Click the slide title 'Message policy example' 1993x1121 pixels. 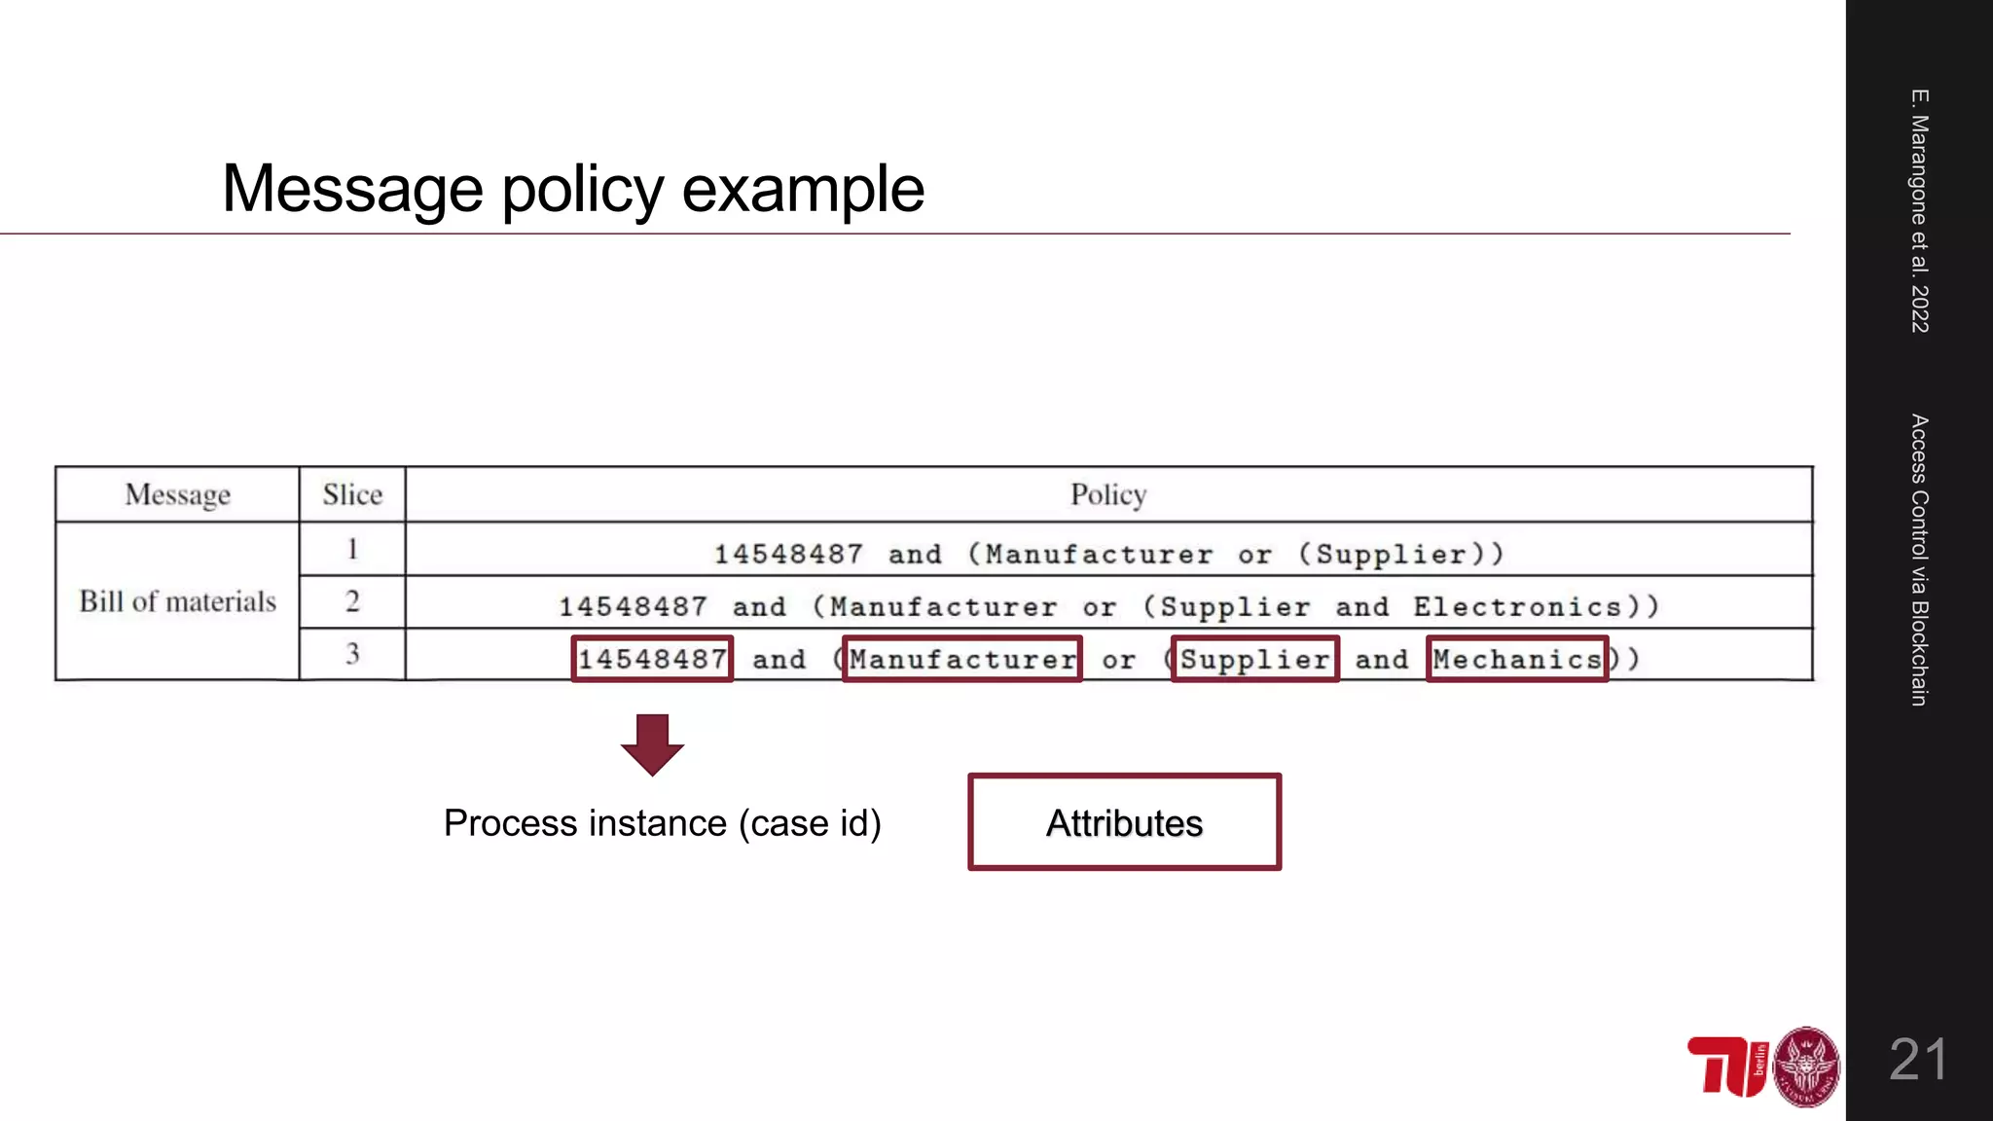tap(573, 189)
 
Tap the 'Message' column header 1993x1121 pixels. tap(177, 494)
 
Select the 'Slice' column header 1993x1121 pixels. tap(352, 494)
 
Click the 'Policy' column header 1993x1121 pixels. tap(1108, 494)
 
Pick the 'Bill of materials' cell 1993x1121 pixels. tap(177, 601)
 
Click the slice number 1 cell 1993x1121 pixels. tap(352, 549)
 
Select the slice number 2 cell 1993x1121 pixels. tap(352, 601)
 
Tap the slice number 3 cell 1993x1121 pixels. tap(352, 654)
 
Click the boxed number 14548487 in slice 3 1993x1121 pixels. tap(652, 659)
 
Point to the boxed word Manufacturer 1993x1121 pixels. tap(962, 659)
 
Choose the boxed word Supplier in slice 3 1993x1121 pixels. tap(1255, 659)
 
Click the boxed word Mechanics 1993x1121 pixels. tap(1517, 659)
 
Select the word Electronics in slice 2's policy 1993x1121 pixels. tap(1517, 607)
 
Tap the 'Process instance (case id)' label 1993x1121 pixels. tap(662, 823)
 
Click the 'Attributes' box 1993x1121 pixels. tap(1124, 822)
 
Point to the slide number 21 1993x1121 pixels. tap(1918, 1059)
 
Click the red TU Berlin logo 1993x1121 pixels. tap(1727, 1067)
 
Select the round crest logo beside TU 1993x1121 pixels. tap(1806, 1067)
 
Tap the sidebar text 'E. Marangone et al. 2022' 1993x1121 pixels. tap(1919, 210)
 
